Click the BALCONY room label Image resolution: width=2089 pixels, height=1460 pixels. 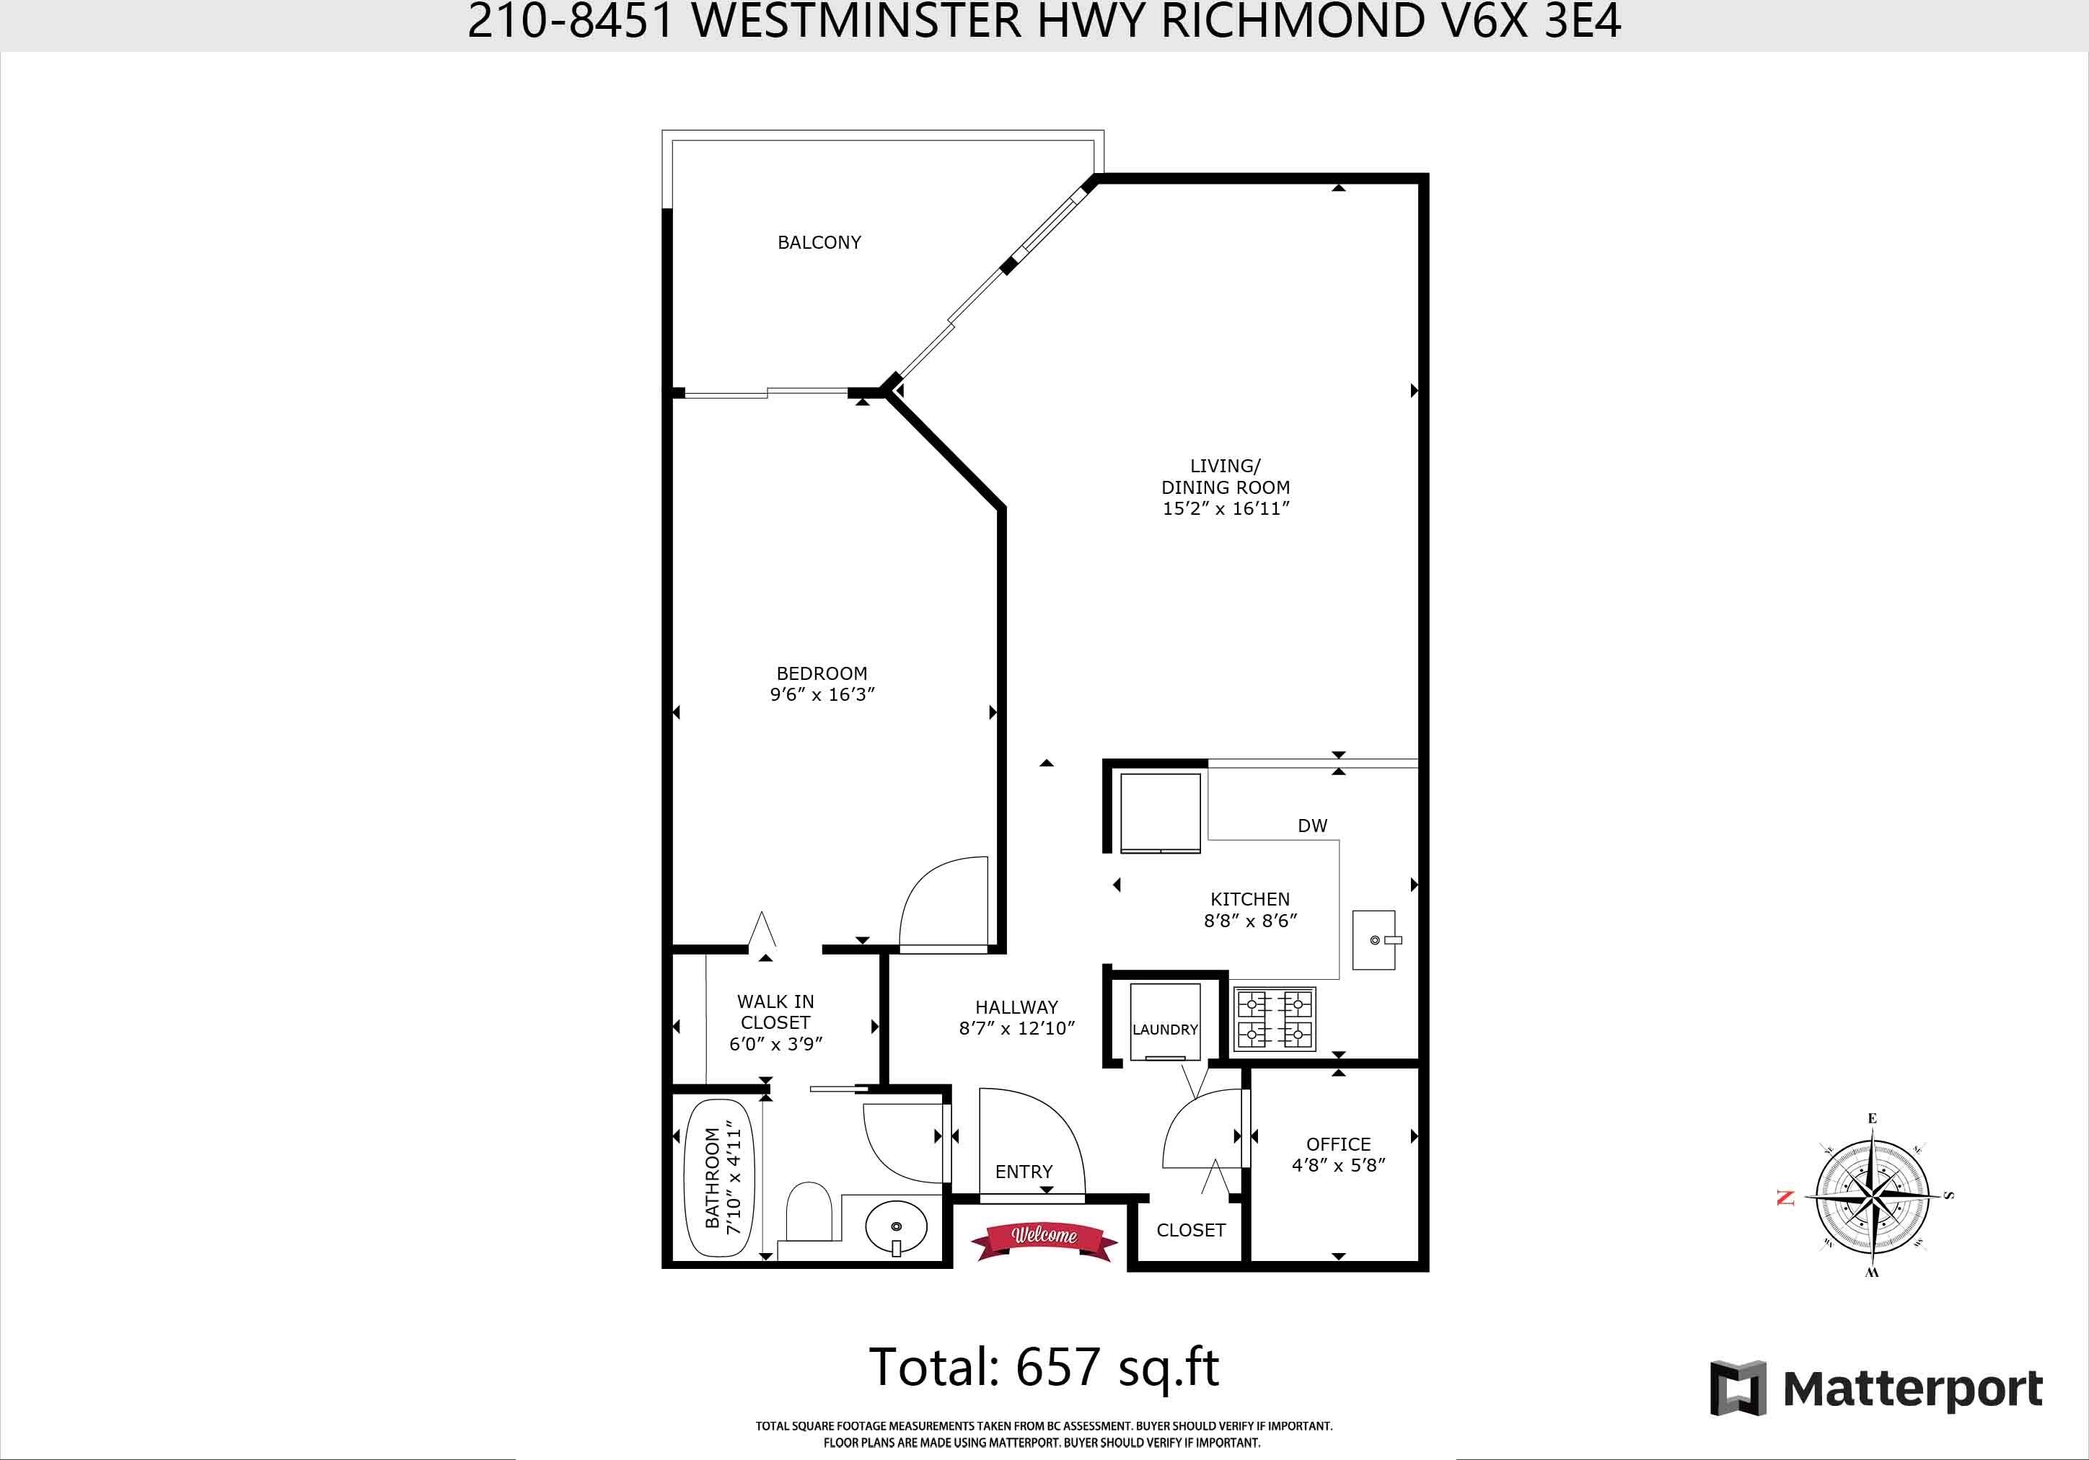pyautogui.click(x=819, y=242)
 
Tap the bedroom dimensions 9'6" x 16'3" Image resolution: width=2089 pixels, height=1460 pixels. pyautogui.click(x=822, y=695)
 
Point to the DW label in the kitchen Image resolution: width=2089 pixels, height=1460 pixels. pyautogui.click(x=1312, y=826)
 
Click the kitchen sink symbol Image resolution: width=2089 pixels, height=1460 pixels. pyautogui.click(x=1374, y=939)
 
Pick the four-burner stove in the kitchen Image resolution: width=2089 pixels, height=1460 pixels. pyautogui.click(x=1274, y=1019)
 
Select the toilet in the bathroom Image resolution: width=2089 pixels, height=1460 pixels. pyautogui.click(x=809, y=1211)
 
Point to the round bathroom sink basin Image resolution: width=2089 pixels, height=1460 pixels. pyautogui.click(x=895, y=1227)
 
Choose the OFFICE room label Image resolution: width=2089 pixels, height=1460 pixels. pyautogui.click(x=1338, y=1144)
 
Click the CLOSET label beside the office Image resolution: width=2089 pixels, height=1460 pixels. pyautogui.click(x=1191, y=1230)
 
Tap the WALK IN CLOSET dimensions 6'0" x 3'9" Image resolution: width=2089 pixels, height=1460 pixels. pyautogui.click(x=776, y=1044)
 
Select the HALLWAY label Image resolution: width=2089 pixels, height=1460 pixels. pyautogui.click(x=1016, y=1007)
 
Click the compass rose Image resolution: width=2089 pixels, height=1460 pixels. pyautogui.click(x=1872, y=1195)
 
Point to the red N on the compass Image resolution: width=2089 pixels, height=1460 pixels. pyautogui.click(x=1786, y=1198)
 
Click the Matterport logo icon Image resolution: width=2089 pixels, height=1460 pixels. pyautogui.click(x=1738, y=1389)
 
